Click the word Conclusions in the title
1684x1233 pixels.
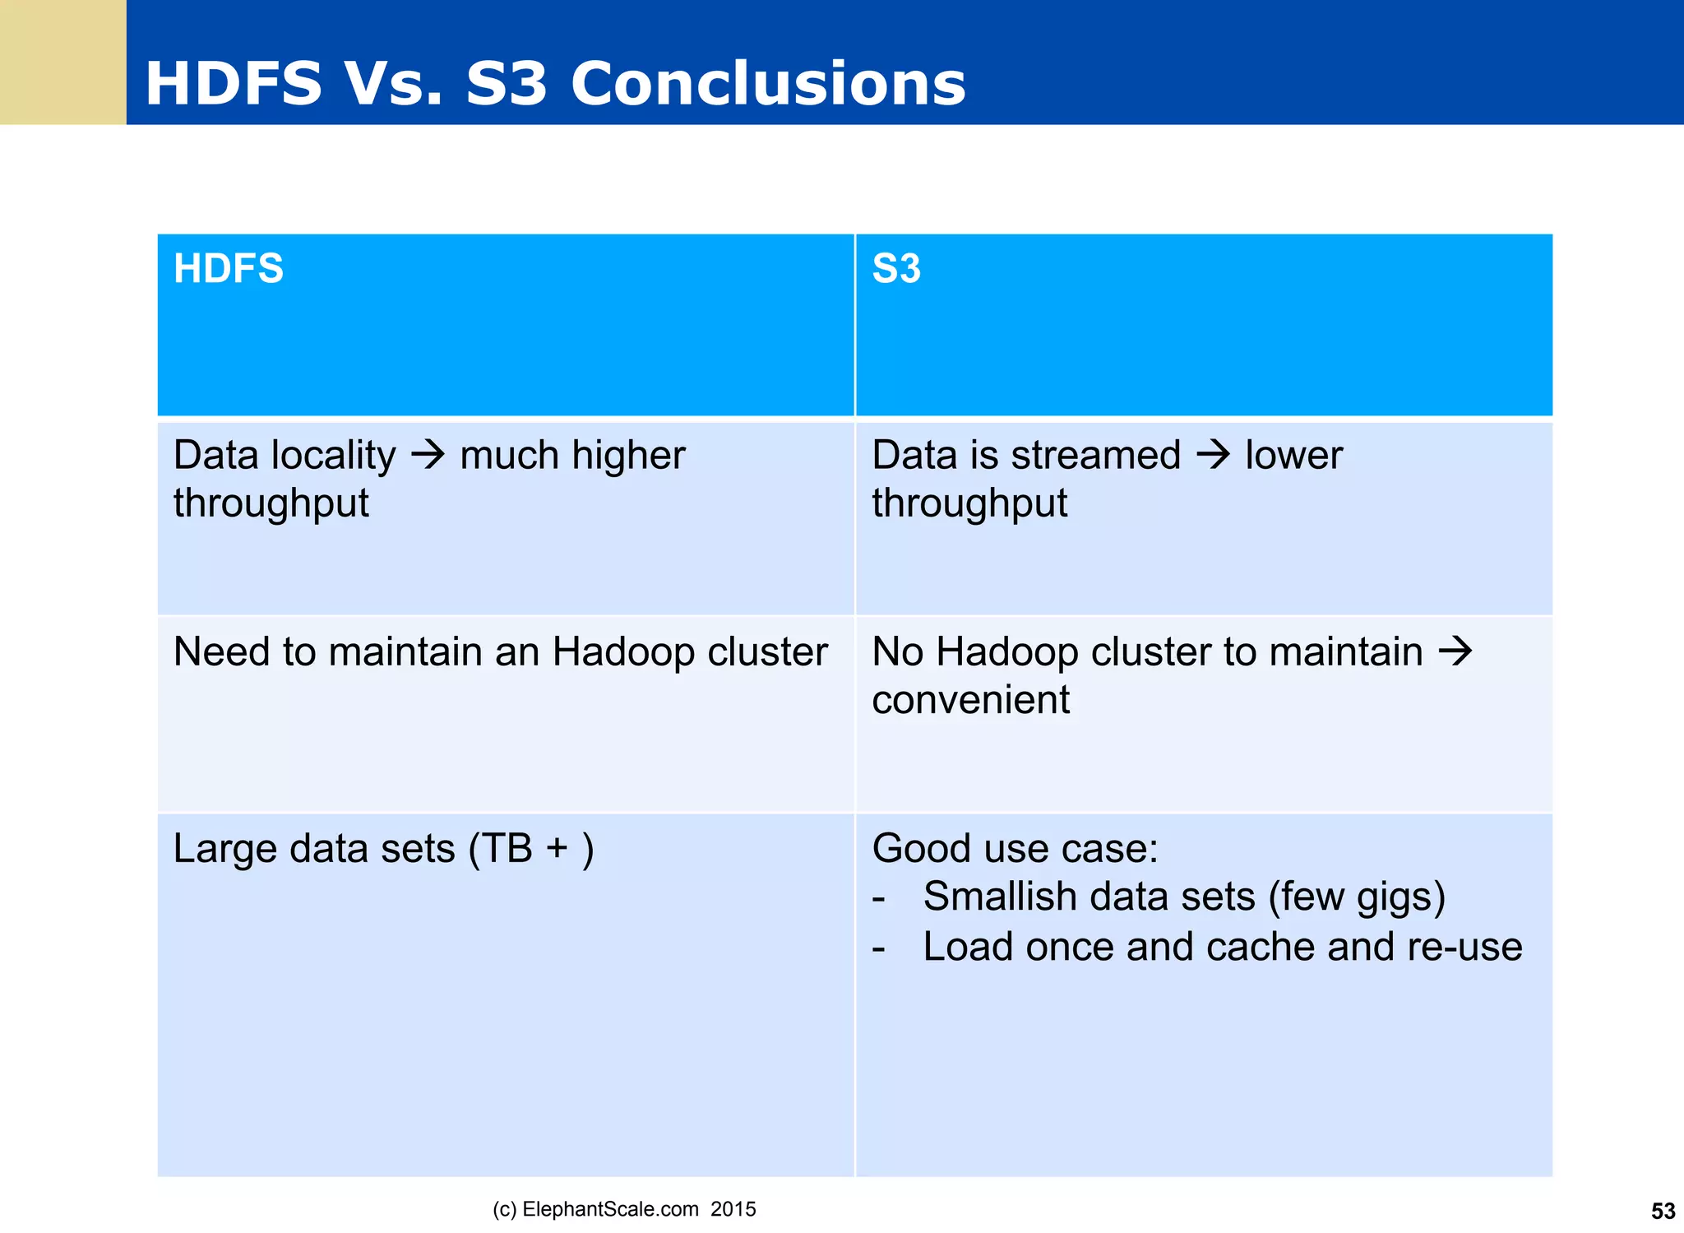768,84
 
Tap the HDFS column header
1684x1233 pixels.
229,269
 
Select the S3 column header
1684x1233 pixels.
896,269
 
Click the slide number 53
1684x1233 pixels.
1663,1211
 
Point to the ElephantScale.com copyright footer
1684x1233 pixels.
624,1209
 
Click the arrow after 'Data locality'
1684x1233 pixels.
428,455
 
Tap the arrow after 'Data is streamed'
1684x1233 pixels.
1213,455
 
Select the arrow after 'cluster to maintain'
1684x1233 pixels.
1455,651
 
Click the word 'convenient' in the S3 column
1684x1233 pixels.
970,700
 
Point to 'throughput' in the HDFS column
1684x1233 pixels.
271,503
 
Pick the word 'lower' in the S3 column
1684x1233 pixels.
1293,455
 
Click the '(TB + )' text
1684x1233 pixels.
531,849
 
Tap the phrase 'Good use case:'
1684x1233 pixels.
1015,849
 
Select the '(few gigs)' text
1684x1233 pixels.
1357,897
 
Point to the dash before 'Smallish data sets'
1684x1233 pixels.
878,898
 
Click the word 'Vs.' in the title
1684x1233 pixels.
393,84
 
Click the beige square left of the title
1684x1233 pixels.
62,62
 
